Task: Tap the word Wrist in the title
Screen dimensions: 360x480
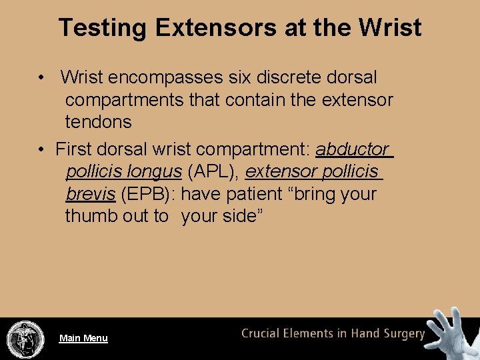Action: coord(390,28)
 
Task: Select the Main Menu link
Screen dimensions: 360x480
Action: coord(83,338)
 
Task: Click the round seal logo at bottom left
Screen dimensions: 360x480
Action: coord(25,339)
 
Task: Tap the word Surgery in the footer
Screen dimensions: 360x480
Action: coord(401,334)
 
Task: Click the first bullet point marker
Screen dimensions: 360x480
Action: coord(41,78)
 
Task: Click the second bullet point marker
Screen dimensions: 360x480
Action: coord(41,149)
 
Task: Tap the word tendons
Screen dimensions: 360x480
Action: coord(98,122)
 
